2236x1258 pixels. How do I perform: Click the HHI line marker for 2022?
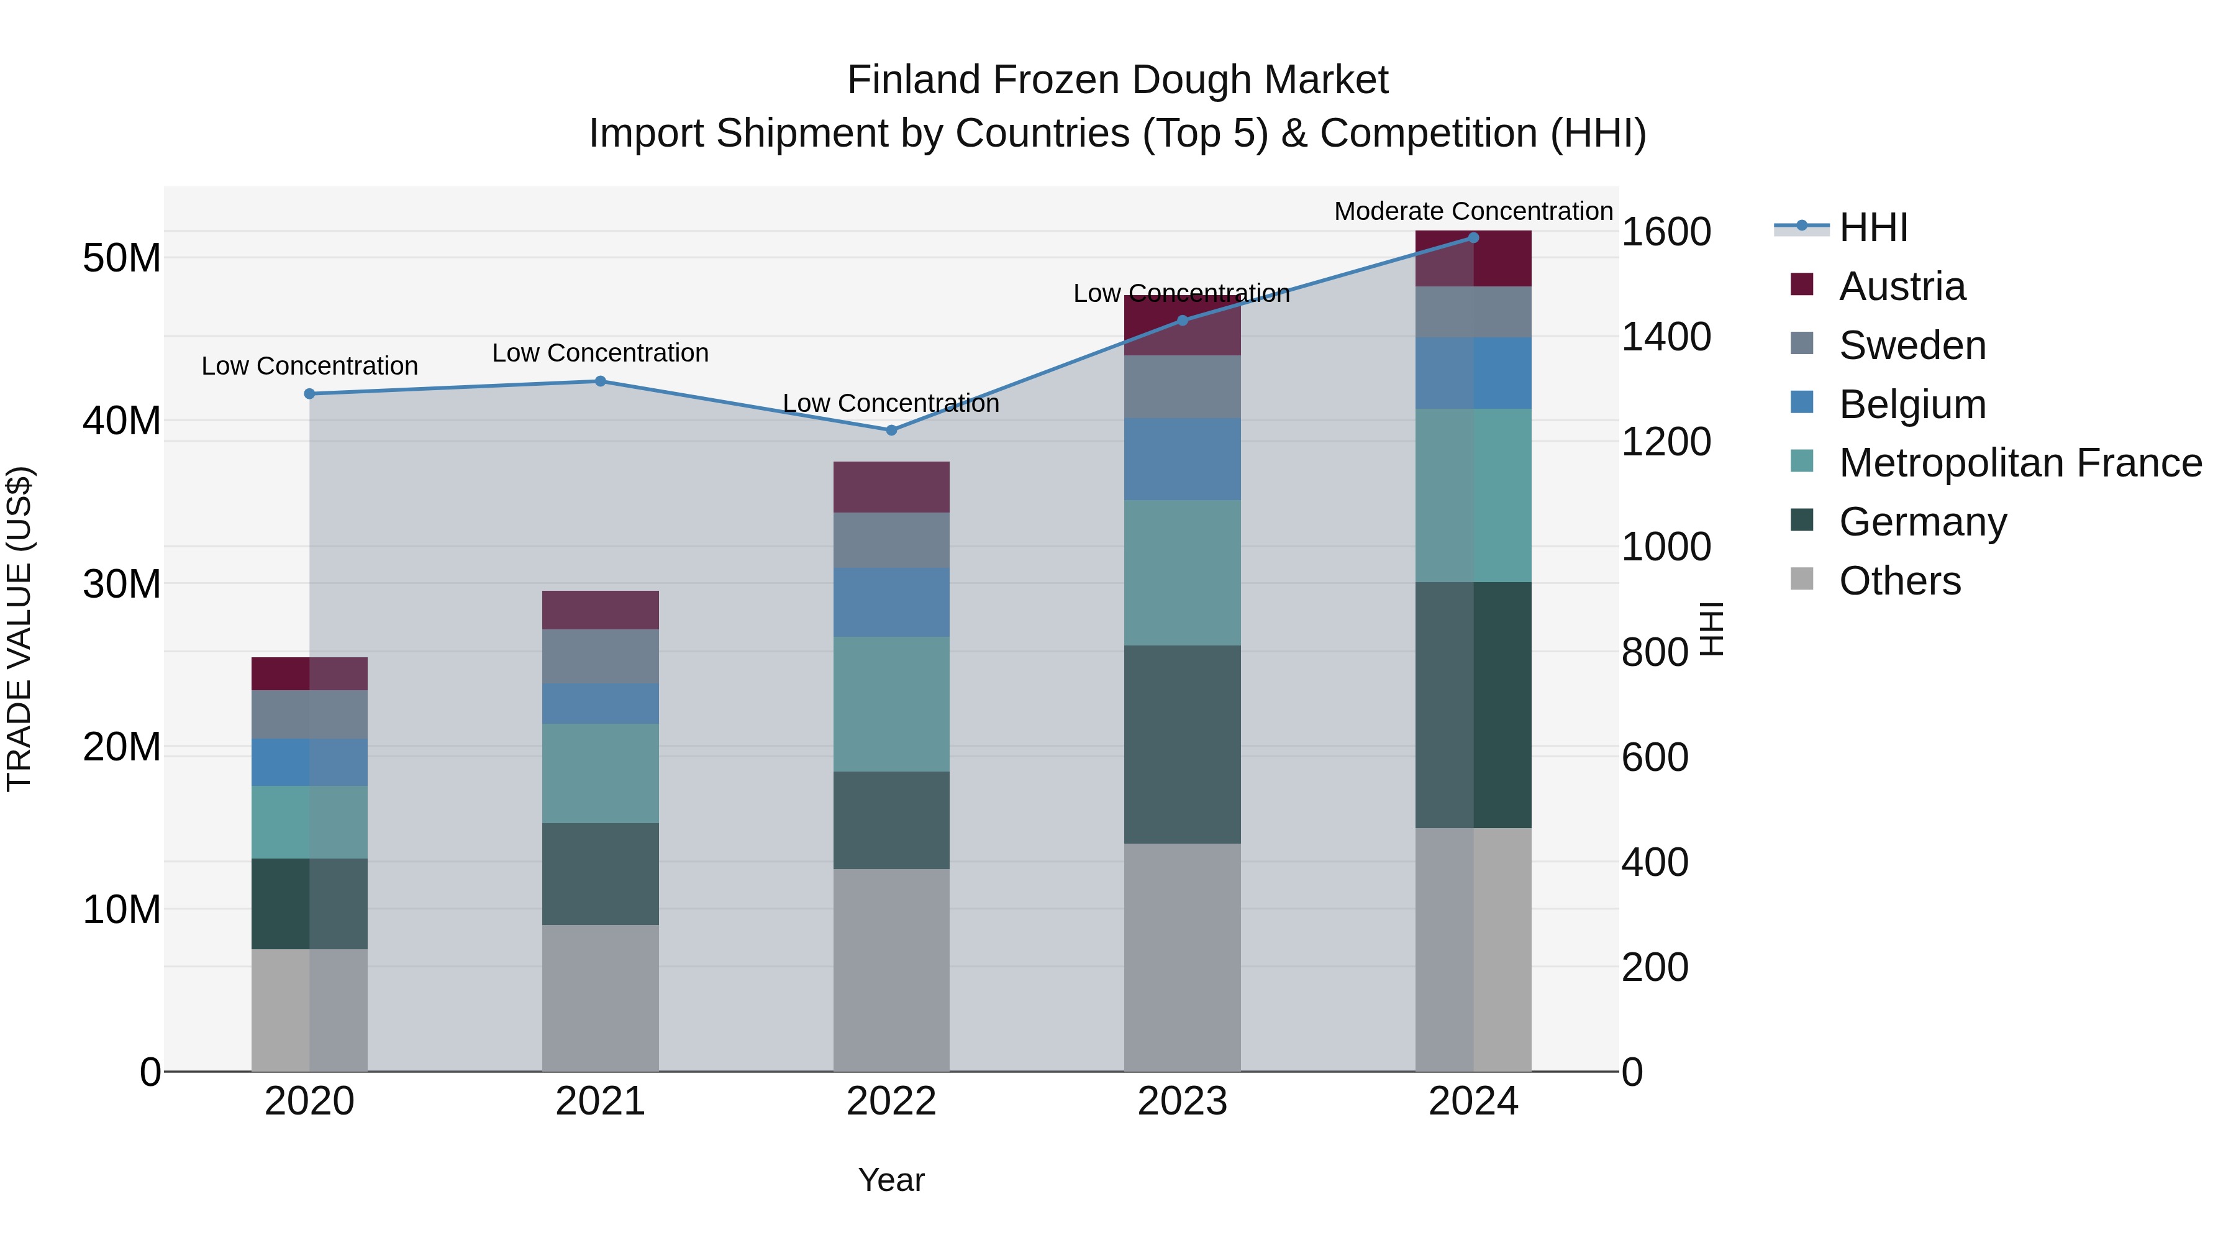[x=891, y=430]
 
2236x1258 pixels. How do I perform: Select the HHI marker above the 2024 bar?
[x=1473, y=238]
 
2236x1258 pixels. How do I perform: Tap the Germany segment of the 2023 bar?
[x=1182, y=744]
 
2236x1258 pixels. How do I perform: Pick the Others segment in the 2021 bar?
[x=601, y=998]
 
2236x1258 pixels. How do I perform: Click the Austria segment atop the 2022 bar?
[x=891, y=487]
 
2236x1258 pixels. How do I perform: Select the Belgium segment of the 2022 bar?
[x=891, y=603]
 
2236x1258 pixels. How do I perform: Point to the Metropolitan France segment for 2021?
[x=601, y=773]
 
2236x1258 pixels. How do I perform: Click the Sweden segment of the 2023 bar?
[x=1182, y=387]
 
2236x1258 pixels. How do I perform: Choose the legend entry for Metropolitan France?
[x=2020, y=463]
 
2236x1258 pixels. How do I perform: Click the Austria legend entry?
[x=1902, y=286]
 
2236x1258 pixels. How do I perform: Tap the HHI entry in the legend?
[x=1873, y=227]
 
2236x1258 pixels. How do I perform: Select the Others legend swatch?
[x=1802, y=579]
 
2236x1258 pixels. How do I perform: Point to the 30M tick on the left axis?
[x=122, y=585]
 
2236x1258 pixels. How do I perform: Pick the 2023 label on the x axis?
[x=1182, y=1101]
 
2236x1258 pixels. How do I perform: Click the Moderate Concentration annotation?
[x=1473, y=211]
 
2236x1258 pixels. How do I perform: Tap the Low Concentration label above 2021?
[x=601, y=353]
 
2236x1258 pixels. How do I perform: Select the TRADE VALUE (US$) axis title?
[x=19, y=629]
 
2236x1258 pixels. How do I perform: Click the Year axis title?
[x=891, y=1180]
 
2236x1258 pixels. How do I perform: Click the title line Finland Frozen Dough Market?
[x=1117, y=80]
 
